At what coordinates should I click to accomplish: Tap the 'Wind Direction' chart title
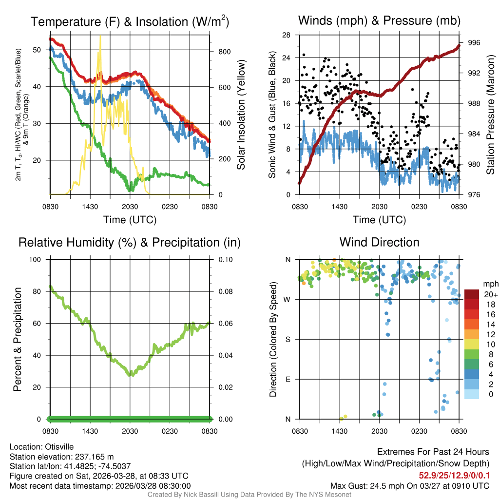coord(379,242)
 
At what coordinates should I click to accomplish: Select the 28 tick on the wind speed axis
coord(287,35)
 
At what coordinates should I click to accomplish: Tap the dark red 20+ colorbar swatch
coord(472,295)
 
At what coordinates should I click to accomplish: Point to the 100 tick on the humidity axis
coord(37,260)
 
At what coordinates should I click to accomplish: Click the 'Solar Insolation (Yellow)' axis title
coord(241,115)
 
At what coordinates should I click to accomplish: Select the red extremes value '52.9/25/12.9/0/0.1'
coord(455,476)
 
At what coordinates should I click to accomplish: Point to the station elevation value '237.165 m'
coord(94,457)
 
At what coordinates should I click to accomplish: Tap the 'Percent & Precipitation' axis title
coord(17,339)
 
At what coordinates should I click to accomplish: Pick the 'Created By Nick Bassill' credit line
coord(249,495)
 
